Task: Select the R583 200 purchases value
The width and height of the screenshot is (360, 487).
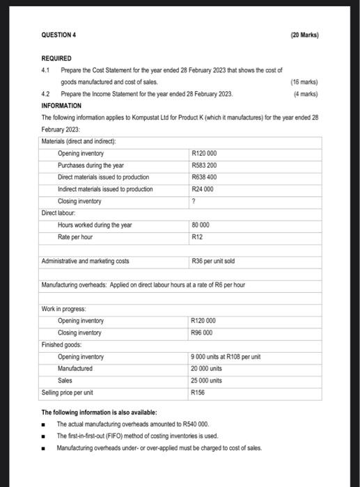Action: [x=205, y=165]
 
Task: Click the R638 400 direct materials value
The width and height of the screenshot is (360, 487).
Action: [x=205, y=177]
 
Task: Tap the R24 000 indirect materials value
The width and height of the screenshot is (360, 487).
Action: [x=203, y=189]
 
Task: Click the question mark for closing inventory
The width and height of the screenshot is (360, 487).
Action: [x=193, y=201]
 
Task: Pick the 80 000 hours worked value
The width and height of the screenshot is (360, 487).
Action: [x=201, y=225]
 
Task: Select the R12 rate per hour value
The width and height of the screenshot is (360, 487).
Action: [x=196, y=237]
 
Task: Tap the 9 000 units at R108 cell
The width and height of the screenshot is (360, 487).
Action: [x=226, y=357]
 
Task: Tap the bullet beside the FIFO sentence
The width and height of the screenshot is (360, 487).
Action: [x=44, y=436]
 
